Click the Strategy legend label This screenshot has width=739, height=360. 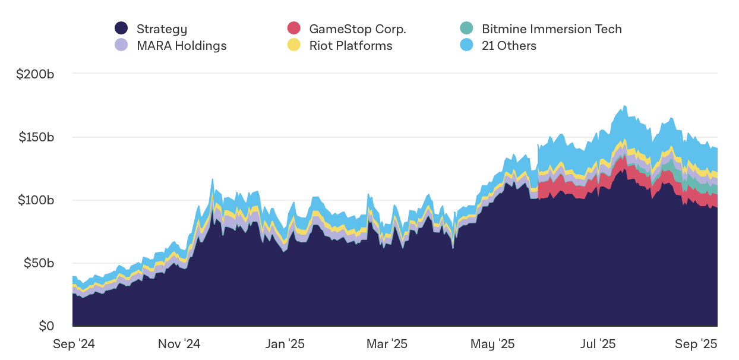pos(162,29)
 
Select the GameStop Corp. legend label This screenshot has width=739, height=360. pos(357,29)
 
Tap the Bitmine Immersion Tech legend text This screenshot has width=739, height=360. pos(551,29)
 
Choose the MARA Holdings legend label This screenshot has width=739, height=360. pos(181,46)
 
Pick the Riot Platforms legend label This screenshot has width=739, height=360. pos(350,46)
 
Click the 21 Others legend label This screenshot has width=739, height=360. pos(509,46)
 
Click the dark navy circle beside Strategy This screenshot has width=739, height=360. pos(121,28)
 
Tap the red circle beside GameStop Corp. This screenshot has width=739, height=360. pos(294,28)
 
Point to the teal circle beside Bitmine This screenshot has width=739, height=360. pos(466,28)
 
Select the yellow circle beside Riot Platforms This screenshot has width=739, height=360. pos(294,45)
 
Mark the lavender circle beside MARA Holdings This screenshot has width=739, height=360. pos(121,45)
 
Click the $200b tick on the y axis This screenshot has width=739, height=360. pos(35,74)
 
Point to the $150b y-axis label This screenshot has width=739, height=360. pos(35,137)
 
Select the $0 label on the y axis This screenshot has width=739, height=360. pos(46,326)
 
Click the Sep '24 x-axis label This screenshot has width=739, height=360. pos(74,344)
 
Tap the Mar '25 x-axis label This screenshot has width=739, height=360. pos(387,344)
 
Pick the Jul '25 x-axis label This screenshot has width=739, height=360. pos(598,344)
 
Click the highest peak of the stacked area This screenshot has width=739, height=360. pos(624,106)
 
